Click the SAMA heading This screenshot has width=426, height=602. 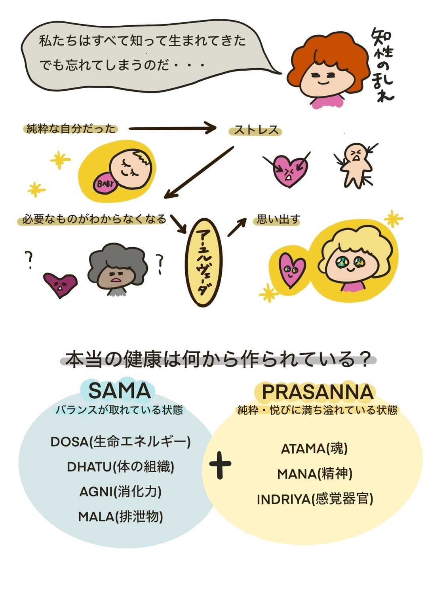pos(119,391)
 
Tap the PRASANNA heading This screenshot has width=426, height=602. pos(318,392)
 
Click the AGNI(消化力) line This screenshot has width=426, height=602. pos(120,492)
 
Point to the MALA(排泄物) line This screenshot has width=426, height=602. pos(120,517)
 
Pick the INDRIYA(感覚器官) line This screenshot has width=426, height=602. pos(315,499)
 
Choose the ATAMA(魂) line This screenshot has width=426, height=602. pos(314,449)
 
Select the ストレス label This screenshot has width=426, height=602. pos(256,131)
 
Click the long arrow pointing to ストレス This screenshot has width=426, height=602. pos(172,128)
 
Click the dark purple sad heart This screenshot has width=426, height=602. pos(60,284)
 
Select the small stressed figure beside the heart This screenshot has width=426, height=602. pos(355,165)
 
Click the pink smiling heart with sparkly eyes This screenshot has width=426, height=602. pos(291,270)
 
